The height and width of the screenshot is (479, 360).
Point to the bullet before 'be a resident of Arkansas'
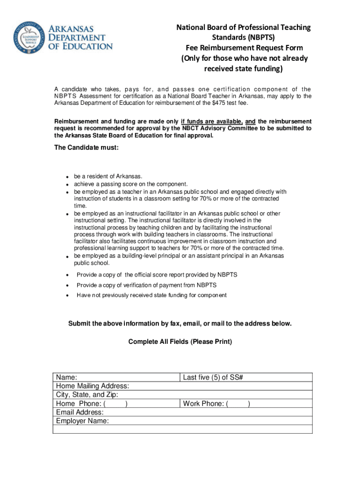(x=67, y=177)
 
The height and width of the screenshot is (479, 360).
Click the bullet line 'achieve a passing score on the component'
(x=131, y=184)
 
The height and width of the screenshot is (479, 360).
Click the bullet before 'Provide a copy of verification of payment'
(x=67, y=285)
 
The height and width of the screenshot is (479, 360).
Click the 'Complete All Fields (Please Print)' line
(x=180, y=342)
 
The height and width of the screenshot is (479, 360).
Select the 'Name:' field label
(x=67, y=377)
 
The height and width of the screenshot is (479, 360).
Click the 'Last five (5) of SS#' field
(x=213, y=377)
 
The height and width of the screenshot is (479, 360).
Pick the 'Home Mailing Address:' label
(x=93, y=386)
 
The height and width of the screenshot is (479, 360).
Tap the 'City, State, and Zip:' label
(x=87, y=395)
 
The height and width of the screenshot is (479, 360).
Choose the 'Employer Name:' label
(x=82, y=421)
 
